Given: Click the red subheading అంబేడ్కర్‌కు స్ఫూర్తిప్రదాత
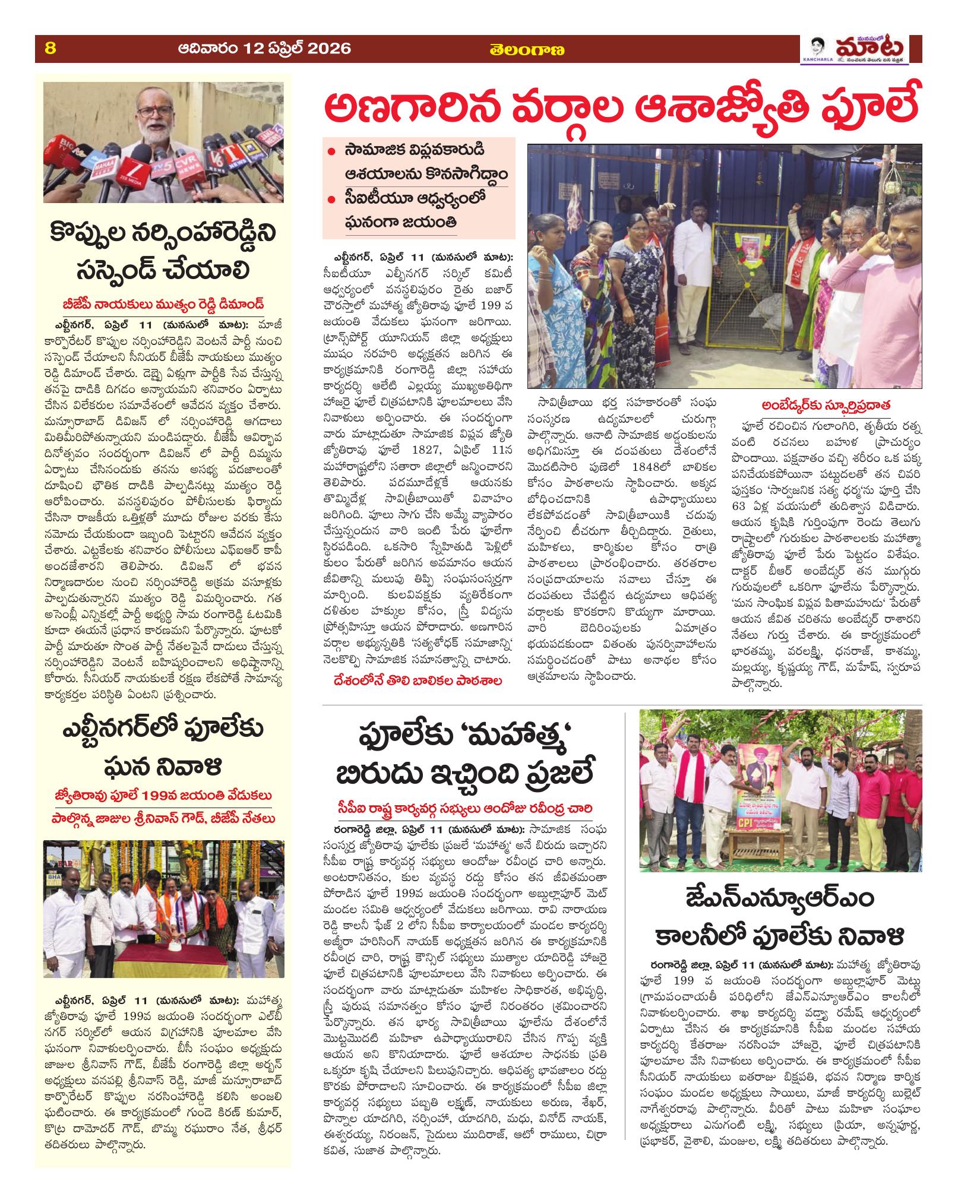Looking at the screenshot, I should click(x=823, y=404).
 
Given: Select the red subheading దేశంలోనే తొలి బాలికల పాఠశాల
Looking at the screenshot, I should click(x=418, y=681).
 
